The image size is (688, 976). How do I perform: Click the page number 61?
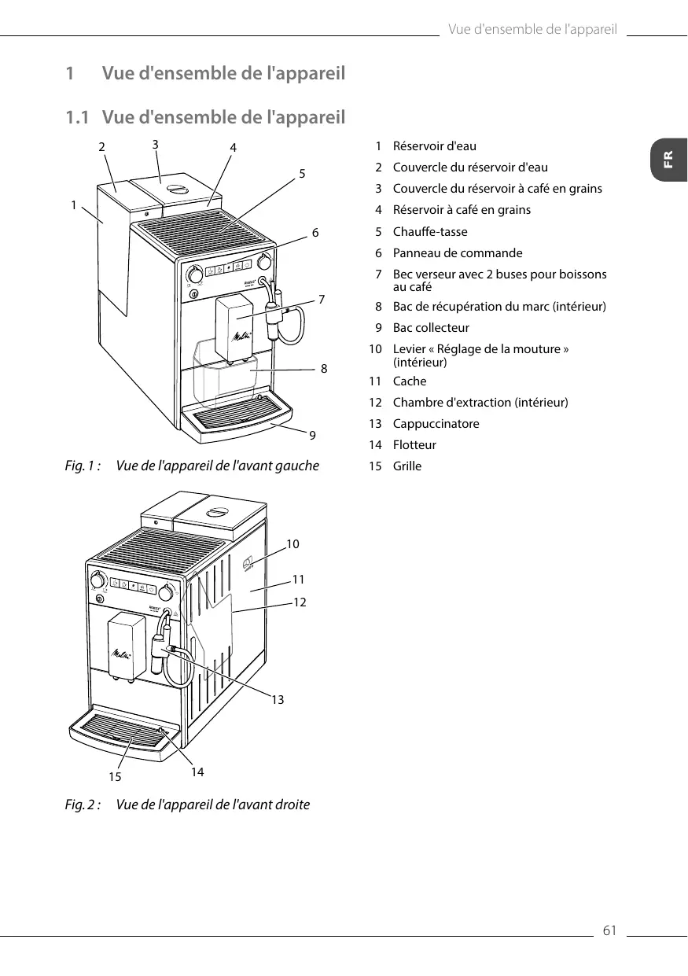(x=609, y=932)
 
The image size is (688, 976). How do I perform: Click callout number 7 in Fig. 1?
(x=322, y=299)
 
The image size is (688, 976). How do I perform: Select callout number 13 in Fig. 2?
(x=278, y=699)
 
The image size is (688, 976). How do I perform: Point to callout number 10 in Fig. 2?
(x=292, y=544)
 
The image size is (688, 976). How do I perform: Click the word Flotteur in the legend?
(x=414, y=445)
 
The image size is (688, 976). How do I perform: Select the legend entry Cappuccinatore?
(x=436, y=424)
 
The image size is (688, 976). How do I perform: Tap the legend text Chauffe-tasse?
(x=429, y=232)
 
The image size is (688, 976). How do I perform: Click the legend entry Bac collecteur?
(x=431, y=328)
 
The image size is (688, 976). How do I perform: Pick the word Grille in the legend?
(x=407, y=466)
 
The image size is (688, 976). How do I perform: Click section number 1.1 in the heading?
(x=77, y=118)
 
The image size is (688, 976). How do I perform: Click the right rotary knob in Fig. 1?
(x=266, y=260)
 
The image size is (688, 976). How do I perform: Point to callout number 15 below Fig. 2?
(x=116, y=776)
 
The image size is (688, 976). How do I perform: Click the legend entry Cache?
(x=410, y=381)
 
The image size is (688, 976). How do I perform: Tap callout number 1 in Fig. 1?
(x=73, y=205)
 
